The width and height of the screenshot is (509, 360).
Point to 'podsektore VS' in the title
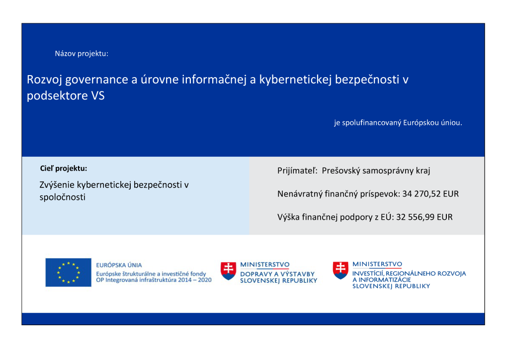coord(66,96)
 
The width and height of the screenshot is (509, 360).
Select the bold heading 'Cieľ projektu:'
coord(63,168)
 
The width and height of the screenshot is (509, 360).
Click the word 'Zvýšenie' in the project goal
coord(56,185)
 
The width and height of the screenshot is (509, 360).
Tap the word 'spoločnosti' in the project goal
coord(62,197)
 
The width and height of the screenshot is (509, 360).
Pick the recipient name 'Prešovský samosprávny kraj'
coord(376,171)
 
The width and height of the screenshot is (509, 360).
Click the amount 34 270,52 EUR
coord(430,194)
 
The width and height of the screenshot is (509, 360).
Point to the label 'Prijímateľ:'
coord(297,171)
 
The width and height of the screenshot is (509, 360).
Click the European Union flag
coord(68,272)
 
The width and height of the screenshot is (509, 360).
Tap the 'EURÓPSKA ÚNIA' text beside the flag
coord(119,266)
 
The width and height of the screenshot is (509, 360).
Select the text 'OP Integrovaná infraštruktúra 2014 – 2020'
coord(154,280)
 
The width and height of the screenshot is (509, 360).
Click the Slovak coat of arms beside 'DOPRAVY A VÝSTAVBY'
coord(228,270)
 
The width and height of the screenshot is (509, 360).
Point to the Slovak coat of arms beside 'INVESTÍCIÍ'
coord(340,270)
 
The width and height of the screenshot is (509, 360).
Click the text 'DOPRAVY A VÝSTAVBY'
coord(277,274)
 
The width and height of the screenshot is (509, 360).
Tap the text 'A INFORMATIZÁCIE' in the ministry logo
coord(382,279)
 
